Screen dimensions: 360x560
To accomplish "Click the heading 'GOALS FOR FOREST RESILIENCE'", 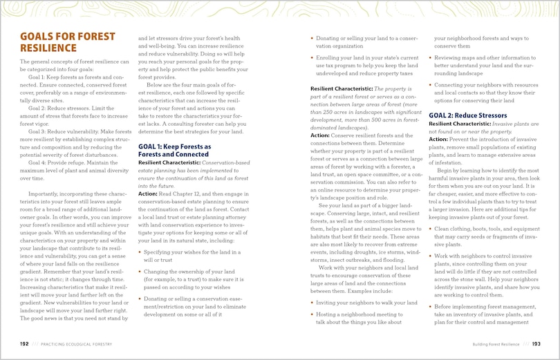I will (57, 42).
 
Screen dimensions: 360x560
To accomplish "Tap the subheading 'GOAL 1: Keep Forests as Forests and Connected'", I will (175, 151).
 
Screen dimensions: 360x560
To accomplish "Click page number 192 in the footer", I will (24, 343).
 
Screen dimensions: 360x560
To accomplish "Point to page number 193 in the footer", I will (536, 343).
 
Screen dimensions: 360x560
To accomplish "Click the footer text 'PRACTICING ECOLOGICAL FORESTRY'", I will (76, 343).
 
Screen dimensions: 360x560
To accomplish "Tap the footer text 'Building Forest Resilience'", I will (496, 343).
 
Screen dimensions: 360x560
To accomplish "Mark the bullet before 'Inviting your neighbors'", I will (312, 303).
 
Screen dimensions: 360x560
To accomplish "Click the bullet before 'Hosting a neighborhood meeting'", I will (312, 314).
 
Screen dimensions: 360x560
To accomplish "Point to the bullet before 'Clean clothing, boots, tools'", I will (431, 228).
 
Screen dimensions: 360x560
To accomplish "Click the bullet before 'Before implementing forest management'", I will (431, 306).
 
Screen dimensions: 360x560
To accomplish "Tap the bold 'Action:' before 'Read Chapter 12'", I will (148, 194).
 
